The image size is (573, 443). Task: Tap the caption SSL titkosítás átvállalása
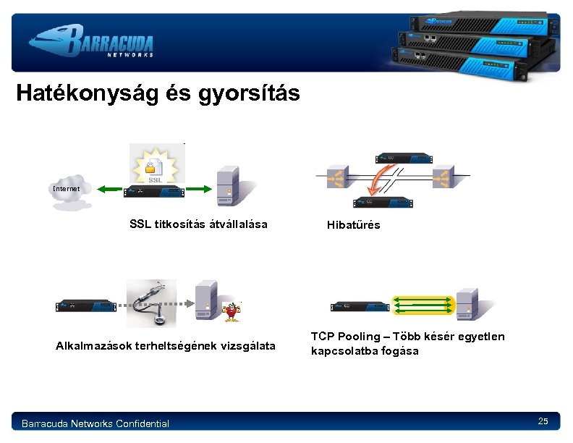[198, 224]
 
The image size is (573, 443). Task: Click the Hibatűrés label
[353, 225]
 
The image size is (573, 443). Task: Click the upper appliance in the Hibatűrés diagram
[403, 157]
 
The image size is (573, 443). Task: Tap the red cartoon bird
[232, 312]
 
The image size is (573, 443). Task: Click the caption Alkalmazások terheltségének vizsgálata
[166, 346]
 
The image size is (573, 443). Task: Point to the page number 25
[543, 421]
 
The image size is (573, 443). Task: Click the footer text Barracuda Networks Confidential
[95, 423]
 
